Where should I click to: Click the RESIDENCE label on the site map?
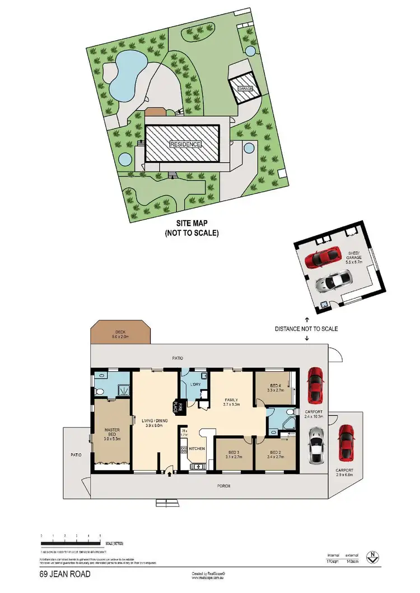185,144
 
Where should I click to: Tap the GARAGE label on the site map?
245,89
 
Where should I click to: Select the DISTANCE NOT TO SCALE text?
306,329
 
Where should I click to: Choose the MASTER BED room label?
112,434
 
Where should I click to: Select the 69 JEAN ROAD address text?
64,574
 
